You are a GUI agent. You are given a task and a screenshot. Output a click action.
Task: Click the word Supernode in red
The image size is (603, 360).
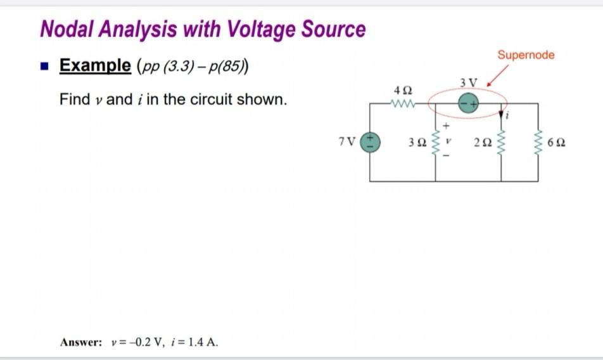click(x=526, y=55)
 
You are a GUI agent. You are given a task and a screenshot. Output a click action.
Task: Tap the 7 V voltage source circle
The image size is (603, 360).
click(x=370, y=141)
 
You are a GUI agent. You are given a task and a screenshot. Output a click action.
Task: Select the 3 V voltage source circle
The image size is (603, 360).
click(x=469, y=103)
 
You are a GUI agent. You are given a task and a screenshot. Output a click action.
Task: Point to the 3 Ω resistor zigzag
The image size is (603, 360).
click(x=435, y=142)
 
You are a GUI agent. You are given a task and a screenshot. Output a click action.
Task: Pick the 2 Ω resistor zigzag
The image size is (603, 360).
click(x=501, y=142)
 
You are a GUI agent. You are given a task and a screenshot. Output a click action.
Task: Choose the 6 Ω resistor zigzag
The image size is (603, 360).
click(x=538, y=142)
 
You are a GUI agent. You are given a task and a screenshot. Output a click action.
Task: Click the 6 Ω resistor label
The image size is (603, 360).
click(x=557, y=142)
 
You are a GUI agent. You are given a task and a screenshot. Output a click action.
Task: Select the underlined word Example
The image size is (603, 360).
click(x=94, y=65)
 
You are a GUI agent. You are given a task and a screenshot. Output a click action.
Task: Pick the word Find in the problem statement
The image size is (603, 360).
click(x=72, y=100)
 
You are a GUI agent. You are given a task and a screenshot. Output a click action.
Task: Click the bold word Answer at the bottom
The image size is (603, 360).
click(x=80, y=342)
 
